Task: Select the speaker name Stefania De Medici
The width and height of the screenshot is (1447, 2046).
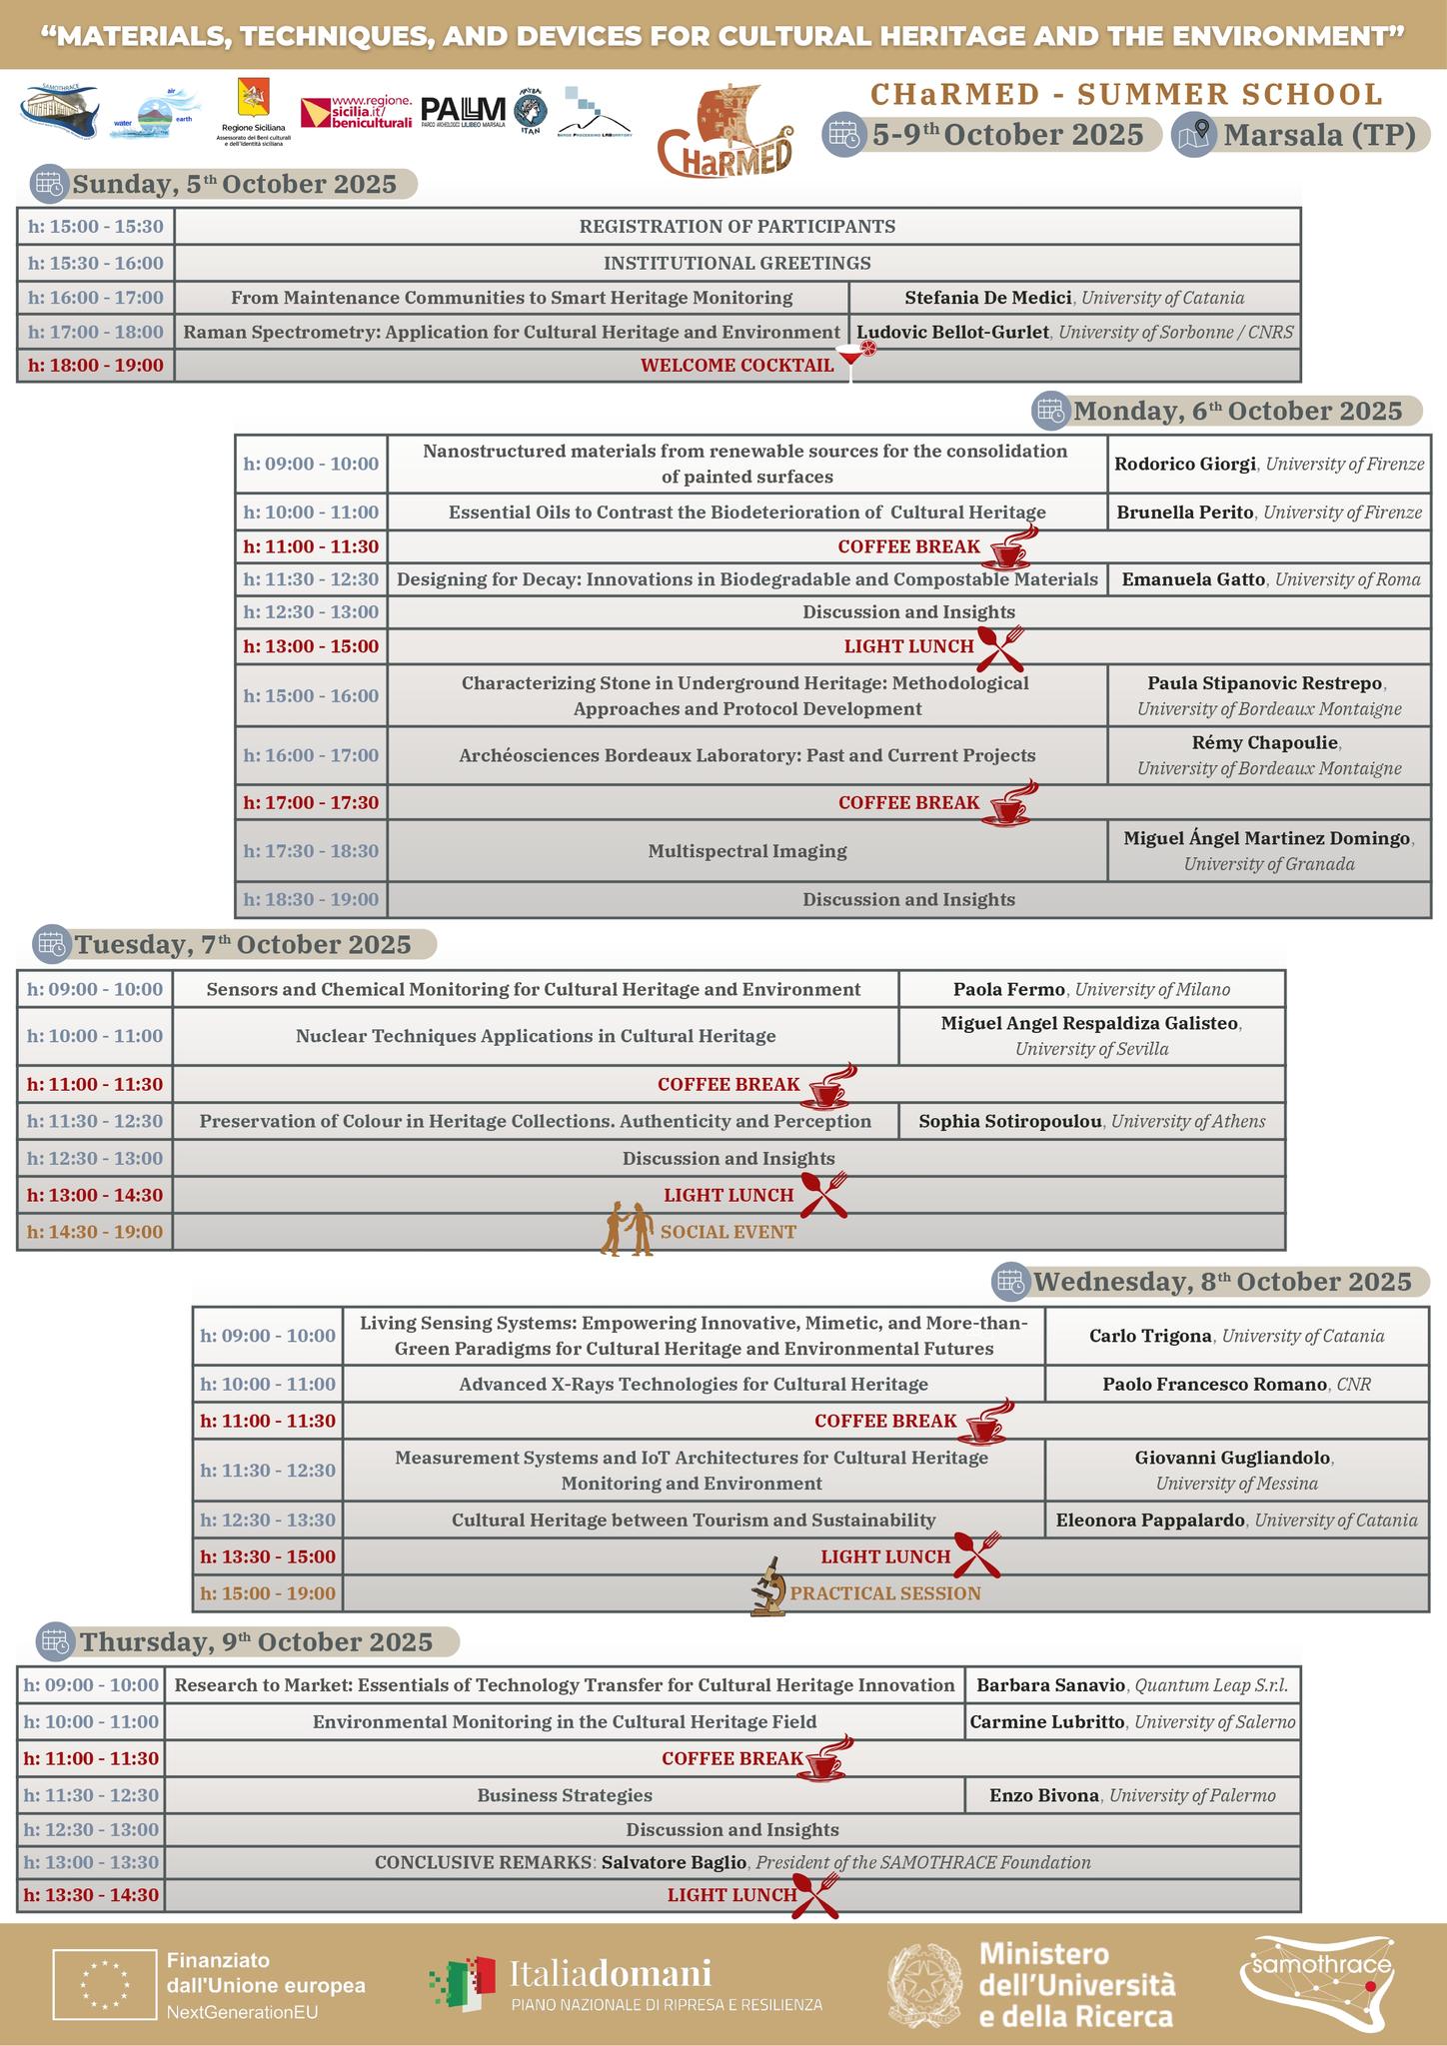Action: click(988, 298)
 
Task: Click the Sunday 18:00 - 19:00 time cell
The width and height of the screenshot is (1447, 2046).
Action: click(96, 366)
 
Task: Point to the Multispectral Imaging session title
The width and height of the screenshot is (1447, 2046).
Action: click(747, 851)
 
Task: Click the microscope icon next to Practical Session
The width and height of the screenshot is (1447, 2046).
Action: click(768, 1585)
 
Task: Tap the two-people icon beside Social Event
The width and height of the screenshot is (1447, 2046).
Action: click(628, 1229)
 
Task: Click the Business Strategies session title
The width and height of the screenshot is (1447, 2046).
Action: click(565, 1795)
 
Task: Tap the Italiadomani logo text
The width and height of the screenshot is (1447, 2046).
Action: click(611, 1973)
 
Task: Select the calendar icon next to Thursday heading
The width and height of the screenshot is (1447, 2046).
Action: click(55, 1641)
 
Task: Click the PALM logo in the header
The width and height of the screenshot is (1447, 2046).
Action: click(464, 111)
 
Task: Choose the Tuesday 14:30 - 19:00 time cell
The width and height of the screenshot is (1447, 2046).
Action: click(95, 1232)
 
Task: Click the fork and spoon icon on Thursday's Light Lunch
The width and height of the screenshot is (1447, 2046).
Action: click(815, 1894)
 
